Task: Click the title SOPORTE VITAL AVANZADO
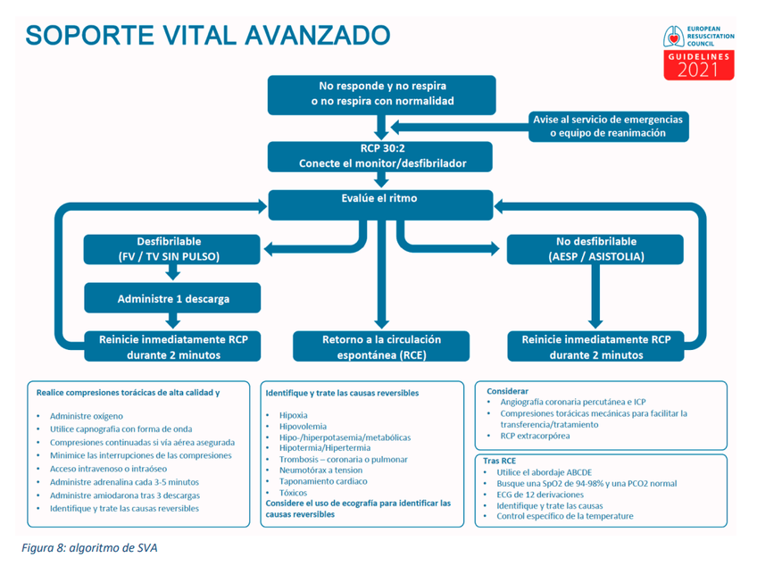(207, 36)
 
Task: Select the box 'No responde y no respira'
(382, 95)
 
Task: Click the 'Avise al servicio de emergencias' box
(608, 126)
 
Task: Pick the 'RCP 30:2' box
(382, 155)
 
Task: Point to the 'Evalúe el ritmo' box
(382, 198)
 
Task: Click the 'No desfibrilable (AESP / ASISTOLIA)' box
(595, 249)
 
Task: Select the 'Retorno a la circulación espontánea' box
(382, 346)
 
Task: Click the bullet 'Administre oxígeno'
(87, 416)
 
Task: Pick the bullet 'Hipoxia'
(294, 415)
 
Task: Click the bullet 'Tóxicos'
(295, 492)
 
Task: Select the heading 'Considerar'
(508, 391)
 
